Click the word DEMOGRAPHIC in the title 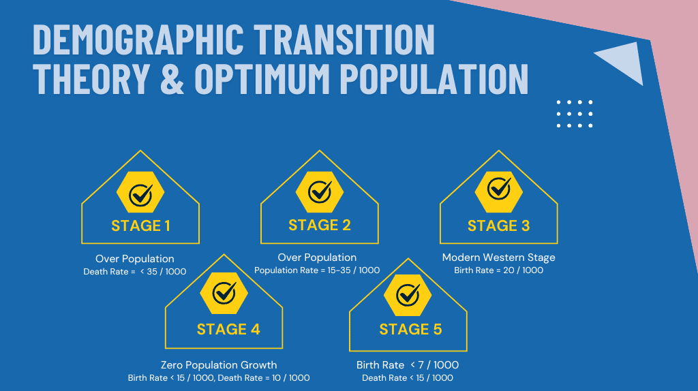pyautogui.click(x=138, y=40)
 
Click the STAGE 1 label pyautogui.click(x=140, y=226)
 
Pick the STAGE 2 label pyautogui.click(x=320, y=225)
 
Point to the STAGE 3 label pyautogui.click(x=498, y=226)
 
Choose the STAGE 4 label pyautogui.click(x=228, y=329)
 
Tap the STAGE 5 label pyautogui.click(x=410, y=329)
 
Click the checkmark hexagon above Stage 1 pyautogui.click(x=140, y=192)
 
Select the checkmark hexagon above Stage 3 pyautogui.click(x=498, y=191)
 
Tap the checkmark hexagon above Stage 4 pyautogui.click(x=224, y=293)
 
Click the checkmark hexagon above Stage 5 pyautogui.click(x=408, y=296)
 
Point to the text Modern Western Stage pyautogui.click(x=498, y=257)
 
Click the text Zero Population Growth pyautogui.click(x=219, y=365)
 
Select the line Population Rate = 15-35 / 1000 pyautogui.click(x=317, y=270)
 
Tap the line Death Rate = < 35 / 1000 pyautogui.click(x=135, y=272)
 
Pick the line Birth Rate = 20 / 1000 pyautogui.click(x=498, y=270)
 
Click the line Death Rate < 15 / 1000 pyautogui.click(x=408, y=378)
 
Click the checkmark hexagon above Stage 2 pyautogui.click(x=320, y=191)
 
